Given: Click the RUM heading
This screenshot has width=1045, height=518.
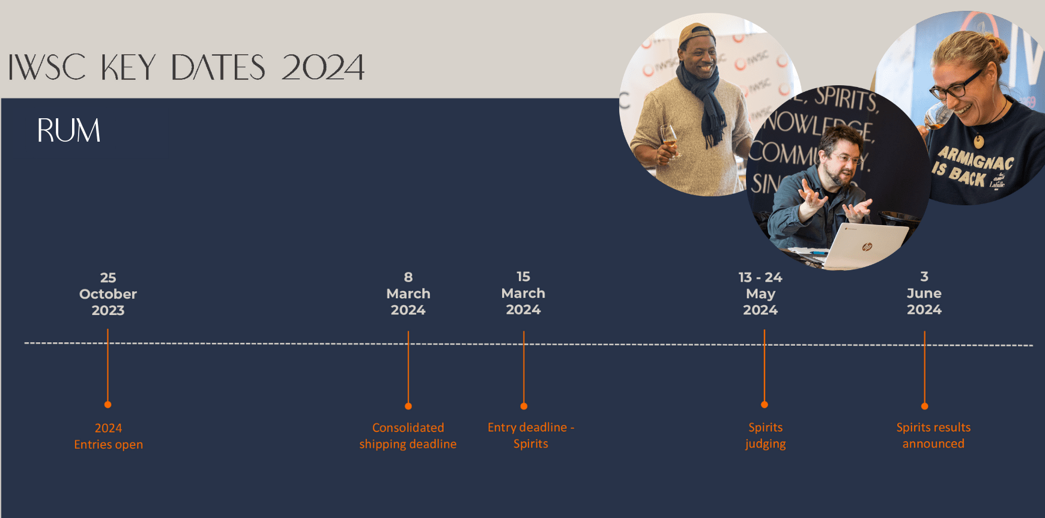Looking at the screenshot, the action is point(68,130).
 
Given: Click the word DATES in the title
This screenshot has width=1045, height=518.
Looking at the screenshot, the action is point(218,67).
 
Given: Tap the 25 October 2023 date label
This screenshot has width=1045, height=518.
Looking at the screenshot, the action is point(108,294).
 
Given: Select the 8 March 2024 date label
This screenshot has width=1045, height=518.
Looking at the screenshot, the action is point(408,294).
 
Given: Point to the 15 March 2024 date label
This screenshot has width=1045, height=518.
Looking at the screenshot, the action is point(523,293).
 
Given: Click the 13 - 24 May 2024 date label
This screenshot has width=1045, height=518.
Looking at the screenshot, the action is point(760,294).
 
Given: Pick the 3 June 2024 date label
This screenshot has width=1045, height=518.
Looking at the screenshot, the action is point(924,293).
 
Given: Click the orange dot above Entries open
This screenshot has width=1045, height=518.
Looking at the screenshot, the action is point(108,405).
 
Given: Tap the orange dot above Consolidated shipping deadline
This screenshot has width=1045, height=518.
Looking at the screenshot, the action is point(408,406).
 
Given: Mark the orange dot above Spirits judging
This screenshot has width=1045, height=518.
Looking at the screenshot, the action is point(765,405).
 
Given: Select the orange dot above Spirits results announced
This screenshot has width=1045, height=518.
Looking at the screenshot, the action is point(925,406).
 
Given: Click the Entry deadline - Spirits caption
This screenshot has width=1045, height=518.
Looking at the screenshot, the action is point(531,435).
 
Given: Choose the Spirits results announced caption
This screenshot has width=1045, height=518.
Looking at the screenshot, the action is point(933,435).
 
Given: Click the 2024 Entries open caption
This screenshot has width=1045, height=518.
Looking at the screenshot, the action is point(109,436).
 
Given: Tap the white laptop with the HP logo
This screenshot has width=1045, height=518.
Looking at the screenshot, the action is point(867,245).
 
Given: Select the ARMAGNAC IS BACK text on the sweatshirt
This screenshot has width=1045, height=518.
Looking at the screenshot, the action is point(971,167).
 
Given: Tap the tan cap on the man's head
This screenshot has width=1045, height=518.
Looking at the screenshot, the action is point(695,34).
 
